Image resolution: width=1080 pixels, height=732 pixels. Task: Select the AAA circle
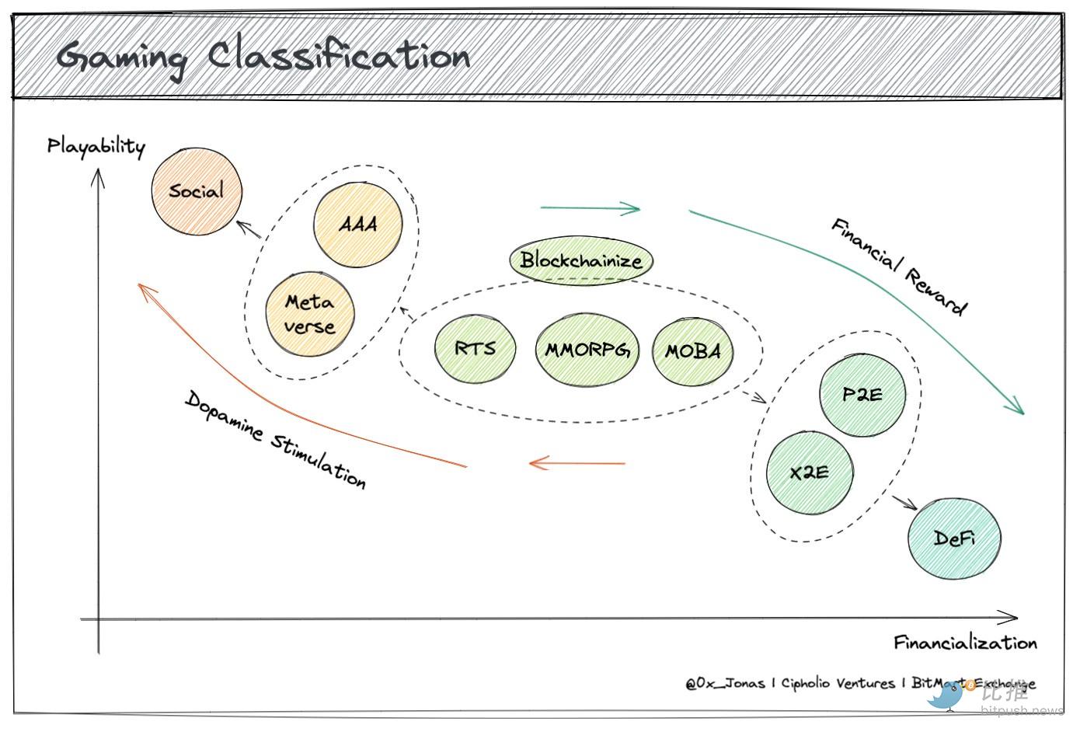coord(358,224)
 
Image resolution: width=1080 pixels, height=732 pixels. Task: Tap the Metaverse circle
coord(309,314)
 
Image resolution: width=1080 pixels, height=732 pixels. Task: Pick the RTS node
coord(475,347)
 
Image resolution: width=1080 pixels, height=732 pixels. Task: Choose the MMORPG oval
coord(586,350)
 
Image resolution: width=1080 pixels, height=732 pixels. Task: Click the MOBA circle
coord(692,351)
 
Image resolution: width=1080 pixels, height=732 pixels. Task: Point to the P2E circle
coord(862,395)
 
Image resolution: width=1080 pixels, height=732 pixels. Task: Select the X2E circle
coord(809,472)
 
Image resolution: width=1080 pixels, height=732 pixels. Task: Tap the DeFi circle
coord(954,539)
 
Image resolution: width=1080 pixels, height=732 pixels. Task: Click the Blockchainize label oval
coord(581,260)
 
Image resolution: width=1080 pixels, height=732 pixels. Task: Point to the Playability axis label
coord(96,146)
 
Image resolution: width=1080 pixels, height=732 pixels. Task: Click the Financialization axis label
coord(964,643)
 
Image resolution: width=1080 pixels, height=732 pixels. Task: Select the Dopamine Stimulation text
coord(275,440)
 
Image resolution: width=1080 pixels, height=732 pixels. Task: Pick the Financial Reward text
coord(899,267)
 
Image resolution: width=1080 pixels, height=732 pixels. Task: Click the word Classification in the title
coord(339,56)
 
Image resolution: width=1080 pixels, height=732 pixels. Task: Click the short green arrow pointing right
coord(590,208)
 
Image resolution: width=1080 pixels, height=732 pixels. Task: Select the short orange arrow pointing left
coord(577,463)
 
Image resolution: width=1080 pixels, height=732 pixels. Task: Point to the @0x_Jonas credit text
coord(725,684)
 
